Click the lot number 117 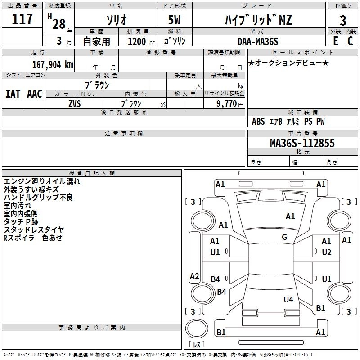(22, 19)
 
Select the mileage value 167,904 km (53, 65)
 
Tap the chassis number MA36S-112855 (302, 143)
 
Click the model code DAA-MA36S (258, 41)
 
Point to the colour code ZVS (75, 104)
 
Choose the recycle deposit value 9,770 (227, 103)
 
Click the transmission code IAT (13, 94)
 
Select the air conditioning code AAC (35, 94)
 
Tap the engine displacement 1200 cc (141, 41)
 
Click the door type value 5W (174, 20)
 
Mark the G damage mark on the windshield (284, 237)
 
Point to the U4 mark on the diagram (288, 299)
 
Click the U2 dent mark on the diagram (327, 252)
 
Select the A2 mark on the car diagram (194, 276)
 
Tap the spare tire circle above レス (197, 328)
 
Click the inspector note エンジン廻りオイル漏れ (42, 181)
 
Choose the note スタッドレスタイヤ (34, 229)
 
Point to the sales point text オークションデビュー (288, 63)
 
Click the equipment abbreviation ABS (258, 121)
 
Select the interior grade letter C (350, 41)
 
